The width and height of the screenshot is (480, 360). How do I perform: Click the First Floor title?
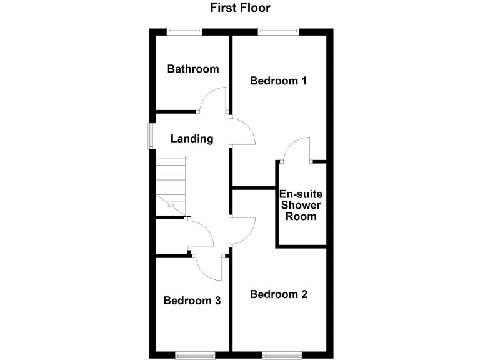240,8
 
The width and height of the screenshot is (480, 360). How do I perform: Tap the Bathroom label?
193,69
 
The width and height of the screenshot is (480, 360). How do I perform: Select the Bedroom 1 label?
278,81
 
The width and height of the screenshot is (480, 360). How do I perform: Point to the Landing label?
192,139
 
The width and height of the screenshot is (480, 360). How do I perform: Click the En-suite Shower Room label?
301,205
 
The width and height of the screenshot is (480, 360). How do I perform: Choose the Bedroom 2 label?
278,294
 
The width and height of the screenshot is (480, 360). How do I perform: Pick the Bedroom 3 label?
192,301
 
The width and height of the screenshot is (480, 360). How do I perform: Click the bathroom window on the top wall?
184,30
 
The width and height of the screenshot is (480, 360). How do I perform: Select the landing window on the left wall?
151,136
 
